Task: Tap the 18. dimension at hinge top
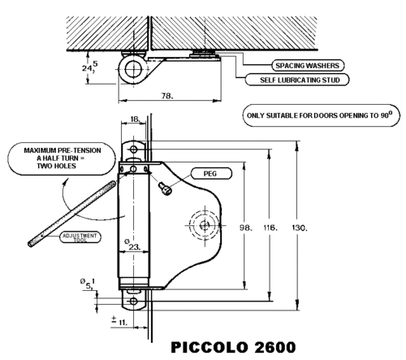click(136, 119)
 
